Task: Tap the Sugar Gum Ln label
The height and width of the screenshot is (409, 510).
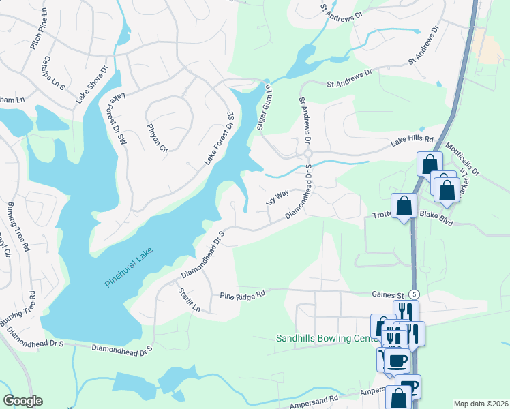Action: coord(264,106)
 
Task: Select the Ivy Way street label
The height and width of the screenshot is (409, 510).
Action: coord(277,198)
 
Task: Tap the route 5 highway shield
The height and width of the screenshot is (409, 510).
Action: coord(415,293)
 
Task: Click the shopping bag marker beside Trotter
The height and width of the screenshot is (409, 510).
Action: coord(404,205)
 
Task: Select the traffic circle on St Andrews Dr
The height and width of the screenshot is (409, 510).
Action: coord(308,154)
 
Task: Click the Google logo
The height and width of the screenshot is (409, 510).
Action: coord(23,401)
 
